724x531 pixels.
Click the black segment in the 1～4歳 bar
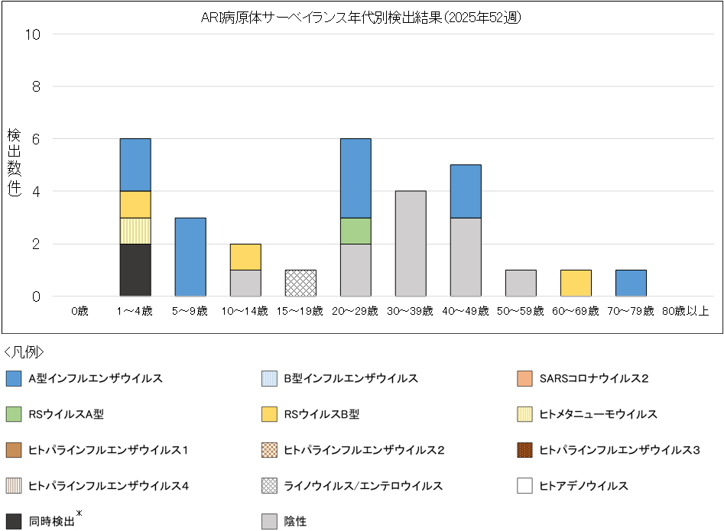coord(135,270)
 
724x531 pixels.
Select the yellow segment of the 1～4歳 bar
coord(135,204)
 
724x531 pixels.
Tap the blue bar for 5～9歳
coord(190,257)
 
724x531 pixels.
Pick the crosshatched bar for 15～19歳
coord(300,283)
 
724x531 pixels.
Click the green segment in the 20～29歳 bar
coord(356,231)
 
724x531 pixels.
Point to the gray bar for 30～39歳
coord(411,244)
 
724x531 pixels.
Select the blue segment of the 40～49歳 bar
coord(466,191)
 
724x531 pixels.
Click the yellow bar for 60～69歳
coord(576,283)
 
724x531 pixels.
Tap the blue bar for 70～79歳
coord(631,283)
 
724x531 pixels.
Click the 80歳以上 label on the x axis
coord(686,311)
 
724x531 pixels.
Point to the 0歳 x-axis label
coord(80,311)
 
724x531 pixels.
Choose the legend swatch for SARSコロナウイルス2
coord(524,378)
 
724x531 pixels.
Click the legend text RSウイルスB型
coord(321,414)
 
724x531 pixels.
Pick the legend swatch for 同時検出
coord(13,521)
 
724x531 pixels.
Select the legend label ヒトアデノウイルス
coord(583,486)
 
